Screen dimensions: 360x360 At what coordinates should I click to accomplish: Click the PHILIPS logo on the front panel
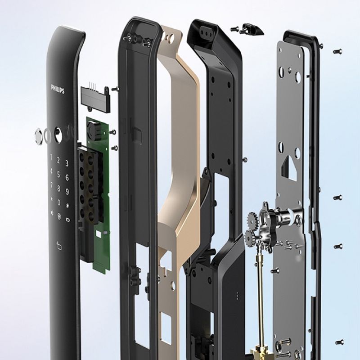coord(58,89)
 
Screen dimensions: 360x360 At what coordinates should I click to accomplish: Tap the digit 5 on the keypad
coord(58,175)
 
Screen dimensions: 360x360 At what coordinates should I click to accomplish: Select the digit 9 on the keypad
coord(67,192)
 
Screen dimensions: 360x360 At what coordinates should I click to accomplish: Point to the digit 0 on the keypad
coord(59,202)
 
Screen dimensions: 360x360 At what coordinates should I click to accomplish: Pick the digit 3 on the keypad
coord(67,163)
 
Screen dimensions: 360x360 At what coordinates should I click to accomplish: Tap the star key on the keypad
coord(52,199)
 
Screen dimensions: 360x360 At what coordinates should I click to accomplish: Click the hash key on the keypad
coord(67,206)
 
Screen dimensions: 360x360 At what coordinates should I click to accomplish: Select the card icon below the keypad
coord(59,246)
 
